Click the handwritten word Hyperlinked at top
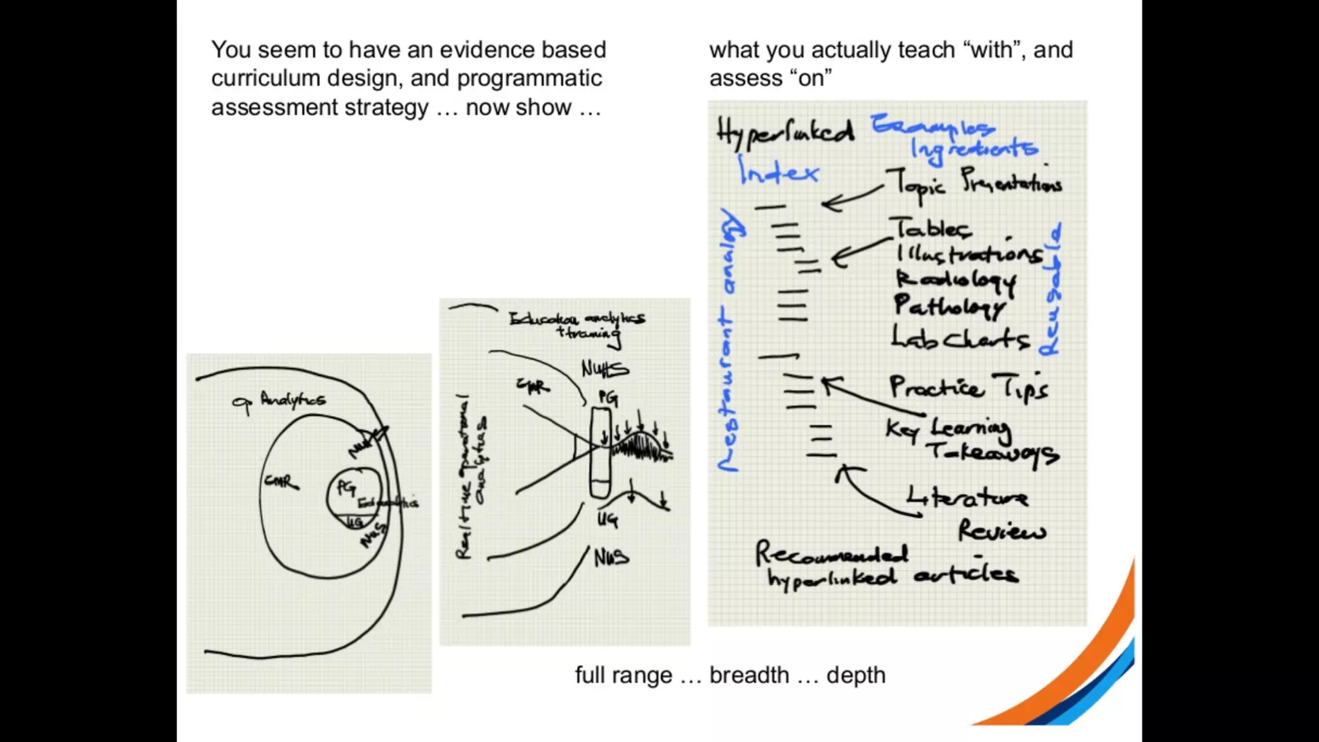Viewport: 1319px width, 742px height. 785,133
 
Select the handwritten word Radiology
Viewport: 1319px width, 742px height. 956,280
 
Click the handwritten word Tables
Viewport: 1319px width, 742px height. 932,228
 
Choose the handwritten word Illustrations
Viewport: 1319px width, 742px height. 969,254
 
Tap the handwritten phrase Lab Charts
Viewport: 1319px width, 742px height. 960,338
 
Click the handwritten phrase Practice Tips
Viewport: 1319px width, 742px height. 969,386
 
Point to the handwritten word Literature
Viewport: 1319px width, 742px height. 967,497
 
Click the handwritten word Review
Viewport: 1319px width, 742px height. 1001,531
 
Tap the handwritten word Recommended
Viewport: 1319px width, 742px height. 831,553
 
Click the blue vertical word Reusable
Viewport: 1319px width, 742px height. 1050,290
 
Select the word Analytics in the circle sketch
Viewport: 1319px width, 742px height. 293,400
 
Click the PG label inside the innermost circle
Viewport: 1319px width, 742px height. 346,488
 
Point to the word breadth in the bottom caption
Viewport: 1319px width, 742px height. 749,675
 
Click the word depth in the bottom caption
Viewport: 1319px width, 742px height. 856,675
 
